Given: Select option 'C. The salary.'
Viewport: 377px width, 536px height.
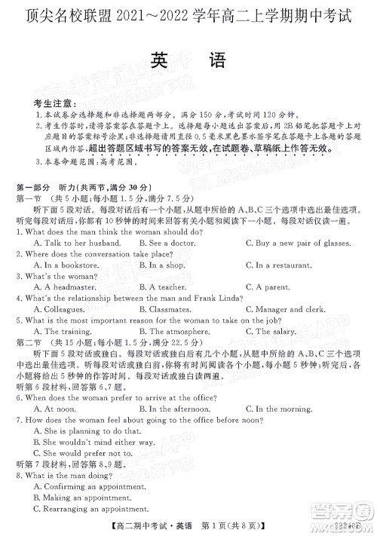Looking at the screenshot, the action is tap(277, 353).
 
